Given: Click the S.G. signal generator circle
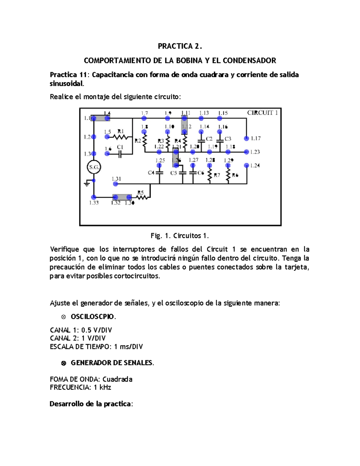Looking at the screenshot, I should (94, 167).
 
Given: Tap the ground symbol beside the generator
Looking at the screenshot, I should (87, 183).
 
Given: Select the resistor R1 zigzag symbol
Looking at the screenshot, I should (121, 137).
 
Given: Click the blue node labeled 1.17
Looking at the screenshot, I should (247, 138).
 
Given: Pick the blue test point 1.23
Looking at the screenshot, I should (247, 152).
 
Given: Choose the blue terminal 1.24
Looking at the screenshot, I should (247, 165).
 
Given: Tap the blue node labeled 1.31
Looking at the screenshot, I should (116, 184).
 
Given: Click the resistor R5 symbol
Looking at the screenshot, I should (142, 197).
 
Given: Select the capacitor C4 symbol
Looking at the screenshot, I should (159, 173).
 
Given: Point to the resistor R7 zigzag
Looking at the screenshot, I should (209, 175).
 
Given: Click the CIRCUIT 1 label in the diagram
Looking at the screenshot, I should (262, 113).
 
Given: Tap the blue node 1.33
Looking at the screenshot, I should (94, 197).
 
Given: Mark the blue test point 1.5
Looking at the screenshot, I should (107, 137).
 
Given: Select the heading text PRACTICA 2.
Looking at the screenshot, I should (180, 46).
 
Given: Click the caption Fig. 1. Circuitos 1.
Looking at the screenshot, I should (180, 236).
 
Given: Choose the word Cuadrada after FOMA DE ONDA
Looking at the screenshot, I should (117, 379).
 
